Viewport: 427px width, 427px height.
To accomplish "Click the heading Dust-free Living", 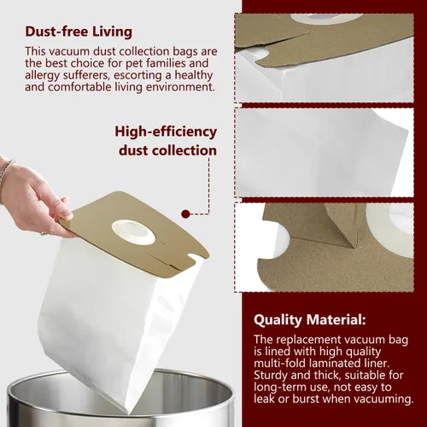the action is pos(79,32).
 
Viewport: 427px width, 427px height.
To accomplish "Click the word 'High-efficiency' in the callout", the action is pos(166,132).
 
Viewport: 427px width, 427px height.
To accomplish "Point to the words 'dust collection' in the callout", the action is pos(167,150).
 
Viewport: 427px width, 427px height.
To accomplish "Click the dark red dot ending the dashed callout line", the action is pos(185,213).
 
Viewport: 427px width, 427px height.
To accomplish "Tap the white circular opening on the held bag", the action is pos(133,232).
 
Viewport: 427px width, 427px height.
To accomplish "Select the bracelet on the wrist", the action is pos(6,173).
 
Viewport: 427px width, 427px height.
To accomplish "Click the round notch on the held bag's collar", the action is pos(196,259).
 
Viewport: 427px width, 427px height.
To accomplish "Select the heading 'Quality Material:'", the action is pos(310,320).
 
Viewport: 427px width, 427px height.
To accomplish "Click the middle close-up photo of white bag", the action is pos(324,153).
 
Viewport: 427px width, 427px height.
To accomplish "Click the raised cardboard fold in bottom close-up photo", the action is pos(339,225).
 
